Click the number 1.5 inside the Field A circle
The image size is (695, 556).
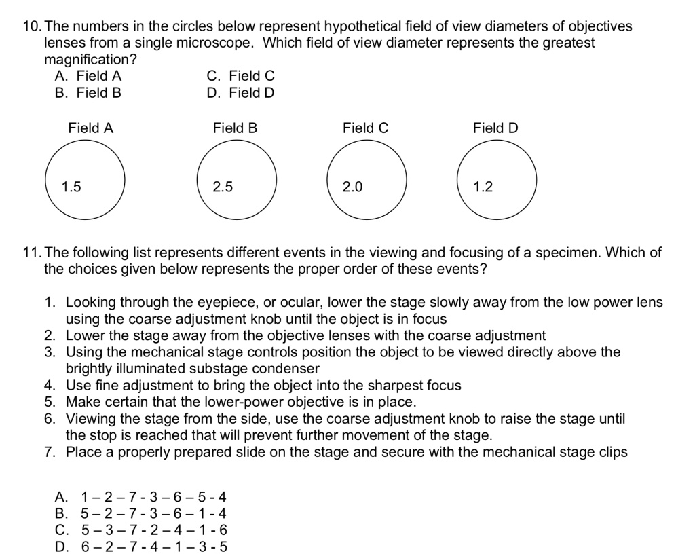click(x=71, y=187)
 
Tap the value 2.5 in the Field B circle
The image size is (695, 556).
click(x=223, y=187)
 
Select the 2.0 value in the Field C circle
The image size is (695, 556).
click(x=353, y=187)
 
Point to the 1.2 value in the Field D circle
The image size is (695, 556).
click(x=483, y=187)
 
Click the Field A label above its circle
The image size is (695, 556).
click(x=91, y=128)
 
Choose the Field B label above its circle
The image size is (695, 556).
click(x=235, y=128)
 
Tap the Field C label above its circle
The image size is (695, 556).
click(x=366, y=128)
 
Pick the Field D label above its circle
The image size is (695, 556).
click(x=495, y=128)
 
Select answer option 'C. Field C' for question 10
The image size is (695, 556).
click(x=241, y=77)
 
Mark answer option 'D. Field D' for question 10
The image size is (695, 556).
click(x=241, y=92)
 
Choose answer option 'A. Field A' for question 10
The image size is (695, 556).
click(x=88, y=77)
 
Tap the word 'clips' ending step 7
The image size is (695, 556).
click(x=612, y=451)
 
